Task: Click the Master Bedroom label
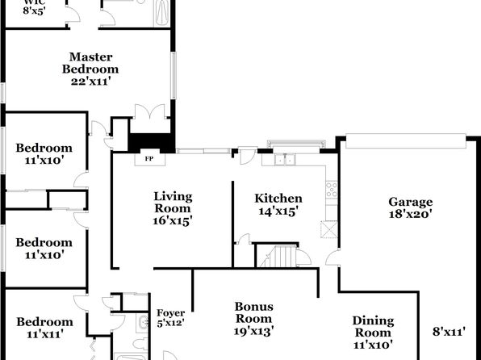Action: tap(90, 69)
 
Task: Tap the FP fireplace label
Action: tap(149, 159)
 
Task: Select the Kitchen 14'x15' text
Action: tap(278, 205)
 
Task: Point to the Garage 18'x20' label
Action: tap(411, 207)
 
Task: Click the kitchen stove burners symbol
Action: tap(332, 190)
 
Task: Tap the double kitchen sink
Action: tap(285, 160)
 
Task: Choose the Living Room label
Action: tap(173, 208)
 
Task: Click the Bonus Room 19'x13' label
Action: tap(253, 319)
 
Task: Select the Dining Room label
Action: tap(373, 333)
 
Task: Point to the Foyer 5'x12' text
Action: tap(171, 318)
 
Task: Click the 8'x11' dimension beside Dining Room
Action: tap(449, 332)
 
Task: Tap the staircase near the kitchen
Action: tap(278, 256)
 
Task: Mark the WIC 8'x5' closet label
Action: tap(34, 7)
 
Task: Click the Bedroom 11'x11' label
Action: tap(44, 328)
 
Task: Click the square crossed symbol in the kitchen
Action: tap(328, 229)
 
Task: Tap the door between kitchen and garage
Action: tap(333, 257)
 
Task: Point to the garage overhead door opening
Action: tap(406, 141)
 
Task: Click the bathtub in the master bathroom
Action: tap(161, 13)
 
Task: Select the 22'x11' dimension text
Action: tap(90, 82)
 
